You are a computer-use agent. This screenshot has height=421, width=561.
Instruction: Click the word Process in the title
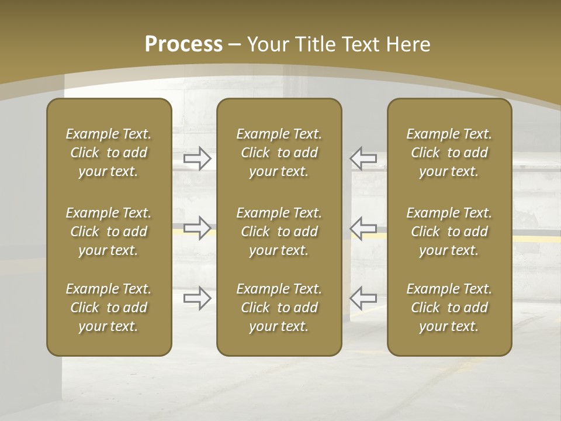[183, 44]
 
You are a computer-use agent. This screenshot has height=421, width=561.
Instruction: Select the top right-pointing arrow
[198, 158]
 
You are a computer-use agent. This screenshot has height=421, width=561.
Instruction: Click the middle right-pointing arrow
[198, 228]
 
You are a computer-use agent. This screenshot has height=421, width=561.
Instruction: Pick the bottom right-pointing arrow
[198, 298]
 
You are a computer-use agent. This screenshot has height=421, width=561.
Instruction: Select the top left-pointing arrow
[363, 158]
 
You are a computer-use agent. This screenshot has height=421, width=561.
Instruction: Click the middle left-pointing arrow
[363, 228]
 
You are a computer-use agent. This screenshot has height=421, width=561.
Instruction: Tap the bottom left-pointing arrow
[363, 298]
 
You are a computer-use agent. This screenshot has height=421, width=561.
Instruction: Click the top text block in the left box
[109, 153]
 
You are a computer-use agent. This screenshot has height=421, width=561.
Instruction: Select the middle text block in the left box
[109, 232]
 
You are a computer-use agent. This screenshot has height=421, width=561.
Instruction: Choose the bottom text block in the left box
[109, 308]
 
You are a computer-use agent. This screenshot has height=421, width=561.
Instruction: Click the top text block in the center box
[279, 153]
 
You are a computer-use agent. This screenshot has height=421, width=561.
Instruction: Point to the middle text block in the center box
[279, 232]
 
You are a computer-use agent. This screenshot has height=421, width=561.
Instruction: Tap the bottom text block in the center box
[279, 308]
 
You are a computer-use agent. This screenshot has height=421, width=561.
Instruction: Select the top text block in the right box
[449, 153]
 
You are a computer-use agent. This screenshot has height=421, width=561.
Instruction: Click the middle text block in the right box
[449, 232]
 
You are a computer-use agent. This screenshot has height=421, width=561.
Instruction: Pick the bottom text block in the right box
[449, 308]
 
